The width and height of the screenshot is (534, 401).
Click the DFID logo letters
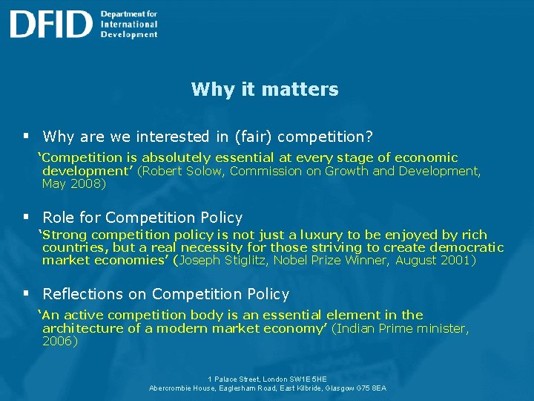(x=50, y=24)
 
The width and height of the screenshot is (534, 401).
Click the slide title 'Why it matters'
(x=264, y=90)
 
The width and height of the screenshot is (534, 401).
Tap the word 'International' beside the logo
(x=129, y=24)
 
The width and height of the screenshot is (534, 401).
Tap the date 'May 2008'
(x=72, y=183)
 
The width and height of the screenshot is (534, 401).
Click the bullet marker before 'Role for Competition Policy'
(x=25, y=218)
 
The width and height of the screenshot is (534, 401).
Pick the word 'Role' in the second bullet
(x=58, y=218)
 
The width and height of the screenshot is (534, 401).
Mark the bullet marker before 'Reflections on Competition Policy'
(x=25, y=294)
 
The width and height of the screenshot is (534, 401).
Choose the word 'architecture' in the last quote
(x=84, y=328)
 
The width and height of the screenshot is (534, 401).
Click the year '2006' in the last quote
(x=59, y=342)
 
